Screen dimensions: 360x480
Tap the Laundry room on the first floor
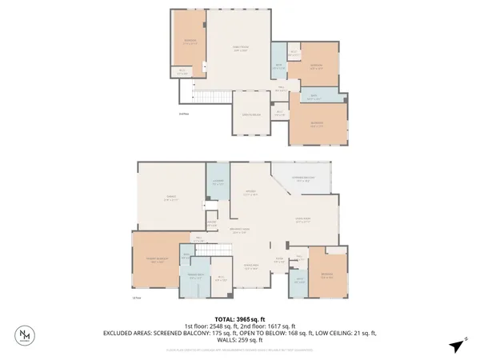click(218, 182)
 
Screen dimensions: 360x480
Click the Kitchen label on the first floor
click(250, 192)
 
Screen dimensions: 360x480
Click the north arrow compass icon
click(456, 346)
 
